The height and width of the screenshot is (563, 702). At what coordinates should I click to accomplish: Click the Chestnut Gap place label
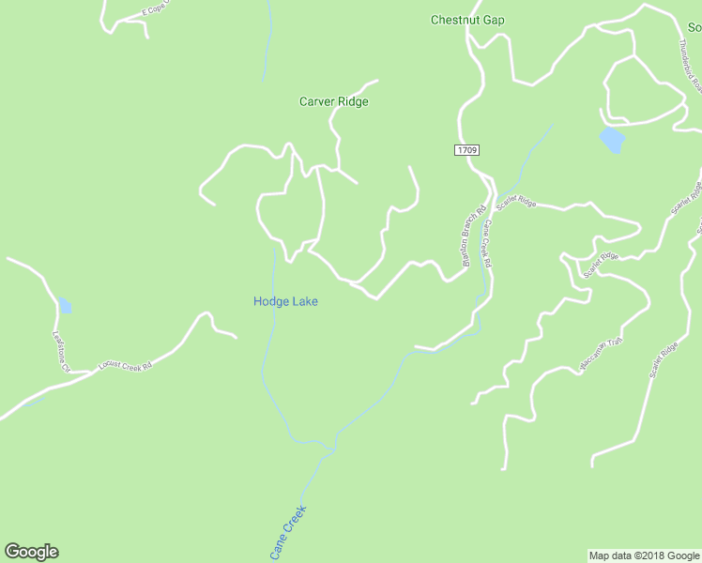click(x=466, y=20)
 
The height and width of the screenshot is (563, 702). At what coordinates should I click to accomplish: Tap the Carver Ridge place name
click(x=333, y=101)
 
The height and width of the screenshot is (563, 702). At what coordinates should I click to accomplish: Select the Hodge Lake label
click(x=285, y=301)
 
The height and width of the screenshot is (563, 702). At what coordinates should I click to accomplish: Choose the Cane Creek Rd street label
click(x=487, y=246)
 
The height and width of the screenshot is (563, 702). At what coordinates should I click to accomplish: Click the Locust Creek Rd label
click(x=125, y=366)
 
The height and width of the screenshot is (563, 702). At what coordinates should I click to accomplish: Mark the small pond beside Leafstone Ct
click(x=64, y=305)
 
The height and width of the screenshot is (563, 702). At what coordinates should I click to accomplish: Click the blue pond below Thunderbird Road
click(x=612, y=140)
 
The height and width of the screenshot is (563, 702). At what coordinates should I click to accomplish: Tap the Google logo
click(x=31, y=552)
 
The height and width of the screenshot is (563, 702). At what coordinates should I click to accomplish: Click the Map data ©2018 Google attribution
click(x=644, y=555)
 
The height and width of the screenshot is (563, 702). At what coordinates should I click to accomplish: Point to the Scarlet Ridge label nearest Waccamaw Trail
click(x=664, y=357)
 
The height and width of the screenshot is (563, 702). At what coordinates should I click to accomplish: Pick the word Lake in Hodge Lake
click(x=303, y=301)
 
